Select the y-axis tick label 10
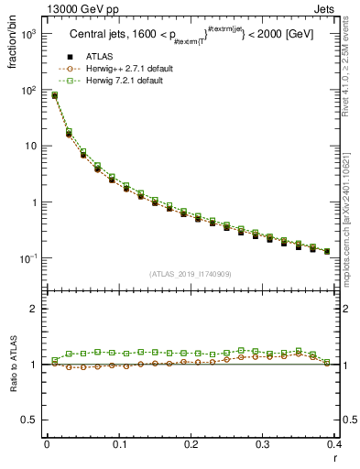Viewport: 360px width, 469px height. (x=31, y=147)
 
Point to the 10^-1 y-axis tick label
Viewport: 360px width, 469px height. (x=28, y=258)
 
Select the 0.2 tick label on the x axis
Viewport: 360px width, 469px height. (x=191, y=444)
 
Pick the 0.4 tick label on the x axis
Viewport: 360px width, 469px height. (x=334, y=444)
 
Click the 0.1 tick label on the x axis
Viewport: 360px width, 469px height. (x=118, y=444)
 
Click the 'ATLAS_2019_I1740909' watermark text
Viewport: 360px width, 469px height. (x=191, y=274)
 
